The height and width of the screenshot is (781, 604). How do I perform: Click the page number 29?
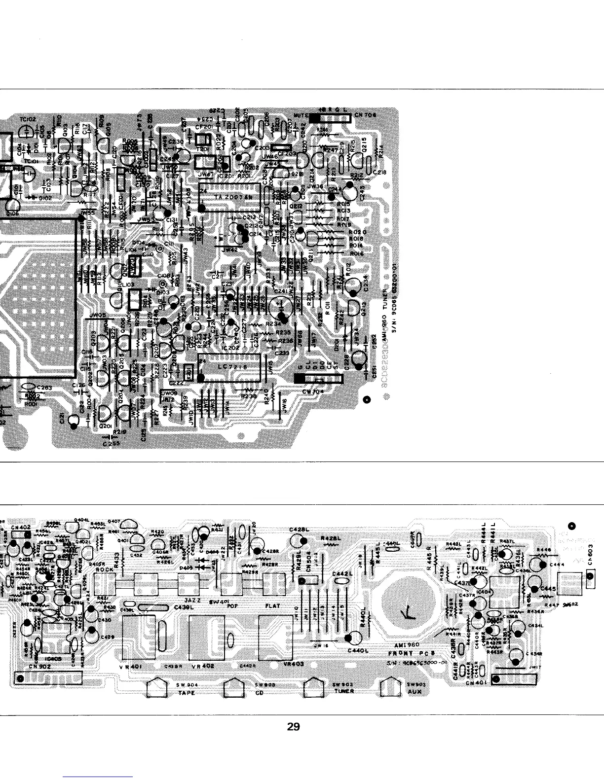(x=294, y=727)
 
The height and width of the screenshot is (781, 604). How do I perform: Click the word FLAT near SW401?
(x=273, y=605)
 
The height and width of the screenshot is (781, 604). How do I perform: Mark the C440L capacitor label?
(x=358, y=651)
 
